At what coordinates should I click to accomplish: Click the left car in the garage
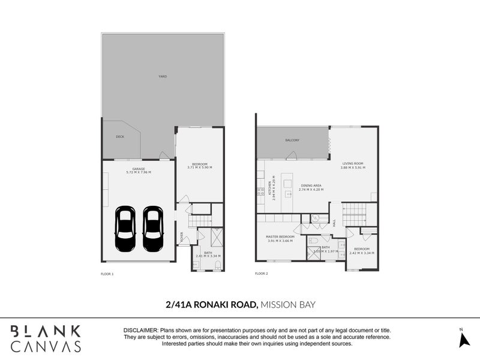tap(125, 229)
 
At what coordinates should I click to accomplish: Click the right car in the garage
tap(153, 229)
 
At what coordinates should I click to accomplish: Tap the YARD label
tap(162, 77)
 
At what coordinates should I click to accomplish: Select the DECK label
tap(119, 137)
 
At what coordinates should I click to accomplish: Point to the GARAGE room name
tap(139, 169)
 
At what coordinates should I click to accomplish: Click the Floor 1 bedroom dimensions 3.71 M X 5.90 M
tap(200, 167)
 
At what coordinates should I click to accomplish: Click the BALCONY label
tap(292, 140)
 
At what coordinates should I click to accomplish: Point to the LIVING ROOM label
tap(352, 163)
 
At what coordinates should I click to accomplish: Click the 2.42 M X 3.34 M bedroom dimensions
tap(362, 253)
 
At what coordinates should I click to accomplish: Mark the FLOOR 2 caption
tap(261, 274)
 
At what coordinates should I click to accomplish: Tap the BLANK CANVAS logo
tap(46, 338)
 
